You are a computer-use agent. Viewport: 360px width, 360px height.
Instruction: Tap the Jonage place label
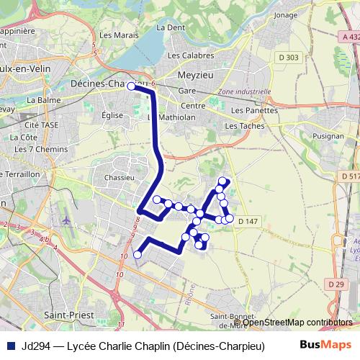[x=286, y=14]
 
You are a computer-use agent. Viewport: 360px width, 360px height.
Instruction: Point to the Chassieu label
[x=120, y=176]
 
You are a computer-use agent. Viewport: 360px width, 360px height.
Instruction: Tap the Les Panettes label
[x=255, y=111]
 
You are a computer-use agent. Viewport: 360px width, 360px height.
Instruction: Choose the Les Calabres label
[x=190, y=55]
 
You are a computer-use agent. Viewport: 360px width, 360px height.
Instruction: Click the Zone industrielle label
[x=244, y=92]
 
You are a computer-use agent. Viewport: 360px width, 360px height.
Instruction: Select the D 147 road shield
[x=246, y=221]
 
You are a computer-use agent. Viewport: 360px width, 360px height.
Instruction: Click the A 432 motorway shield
[x=351, y=36]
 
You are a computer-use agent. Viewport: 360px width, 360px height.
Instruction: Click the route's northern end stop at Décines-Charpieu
[x=131, y=86]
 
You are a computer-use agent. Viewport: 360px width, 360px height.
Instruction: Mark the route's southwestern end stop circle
[x=138, y=254]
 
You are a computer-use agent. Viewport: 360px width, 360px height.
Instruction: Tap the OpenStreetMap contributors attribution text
[x=297, y=323]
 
